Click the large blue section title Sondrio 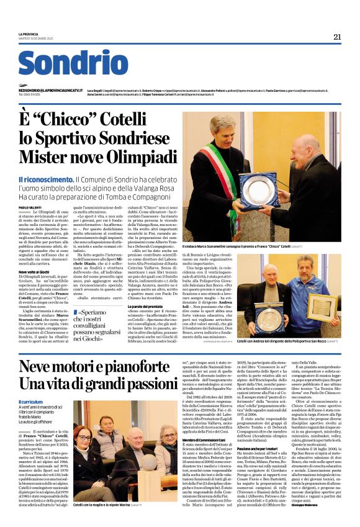(73, 63)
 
